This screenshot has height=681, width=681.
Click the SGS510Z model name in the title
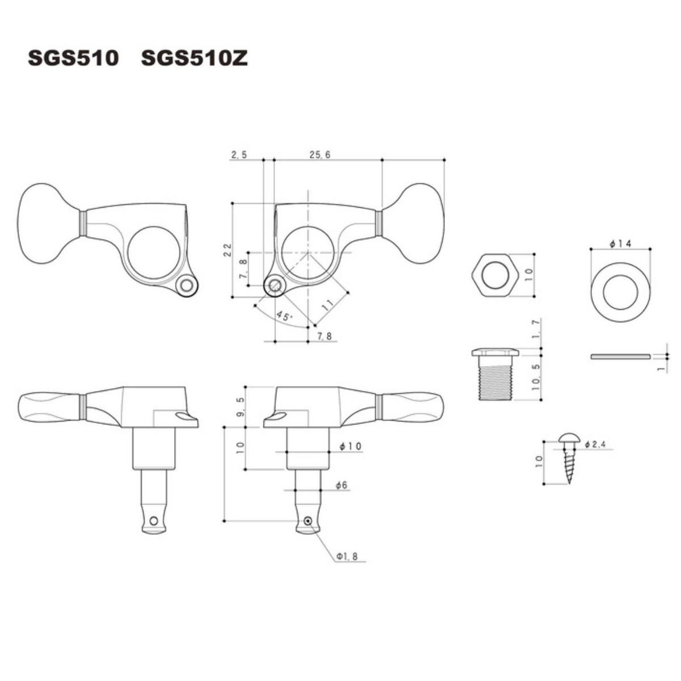coord(195,58)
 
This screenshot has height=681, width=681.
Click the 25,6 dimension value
coord(320,155)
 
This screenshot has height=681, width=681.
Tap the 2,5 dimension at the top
coord(239,155)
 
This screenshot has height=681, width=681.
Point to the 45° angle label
coord(284,316)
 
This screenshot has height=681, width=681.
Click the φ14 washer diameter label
coord(620,243)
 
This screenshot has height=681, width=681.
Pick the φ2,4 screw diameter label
coord(595,444)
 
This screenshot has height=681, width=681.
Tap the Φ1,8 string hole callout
coord(347,557)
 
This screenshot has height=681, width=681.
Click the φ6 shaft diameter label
coord(342,485)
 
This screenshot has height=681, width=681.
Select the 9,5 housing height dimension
coord(241,407)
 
